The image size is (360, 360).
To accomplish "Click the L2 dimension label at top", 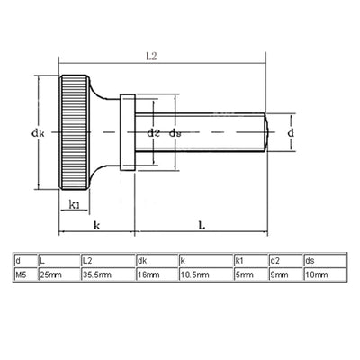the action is pyautogui.click(x=151, y=56).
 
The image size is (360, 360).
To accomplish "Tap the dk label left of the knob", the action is pyautogui.click(x=38, y=133).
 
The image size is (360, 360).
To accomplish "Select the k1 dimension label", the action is pyautogui.click(x=75, y=204).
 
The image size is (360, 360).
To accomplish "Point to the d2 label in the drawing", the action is pyautogui.click(x=153, y=133).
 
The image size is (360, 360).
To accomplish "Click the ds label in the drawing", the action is pyautogui.click(x=175, y=133).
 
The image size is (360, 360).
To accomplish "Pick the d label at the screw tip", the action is pyautogui.click(x=291, y=132).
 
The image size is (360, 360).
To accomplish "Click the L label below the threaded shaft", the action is pyautogui.click(x=202, y=225).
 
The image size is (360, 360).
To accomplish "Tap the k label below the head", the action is pyautogui.click(x=96, y=225).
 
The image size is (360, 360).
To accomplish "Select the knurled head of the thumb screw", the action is pyautogui.click(x=75, y=132).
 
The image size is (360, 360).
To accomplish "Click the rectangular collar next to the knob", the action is pyautogui.click(x=128, y=132).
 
